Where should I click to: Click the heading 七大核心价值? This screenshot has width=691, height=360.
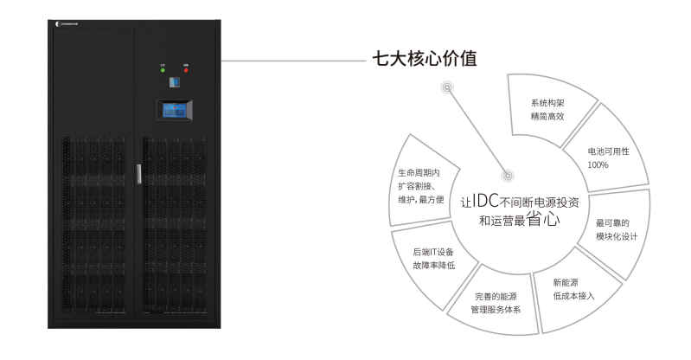424,59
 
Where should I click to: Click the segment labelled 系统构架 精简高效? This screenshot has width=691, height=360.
547,108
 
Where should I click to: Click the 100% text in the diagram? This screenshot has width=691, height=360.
598,164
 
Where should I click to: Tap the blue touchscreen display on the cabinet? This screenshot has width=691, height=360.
174,111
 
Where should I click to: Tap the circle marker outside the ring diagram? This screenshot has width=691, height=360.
446,87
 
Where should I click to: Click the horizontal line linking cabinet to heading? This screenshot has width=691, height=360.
294,61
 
